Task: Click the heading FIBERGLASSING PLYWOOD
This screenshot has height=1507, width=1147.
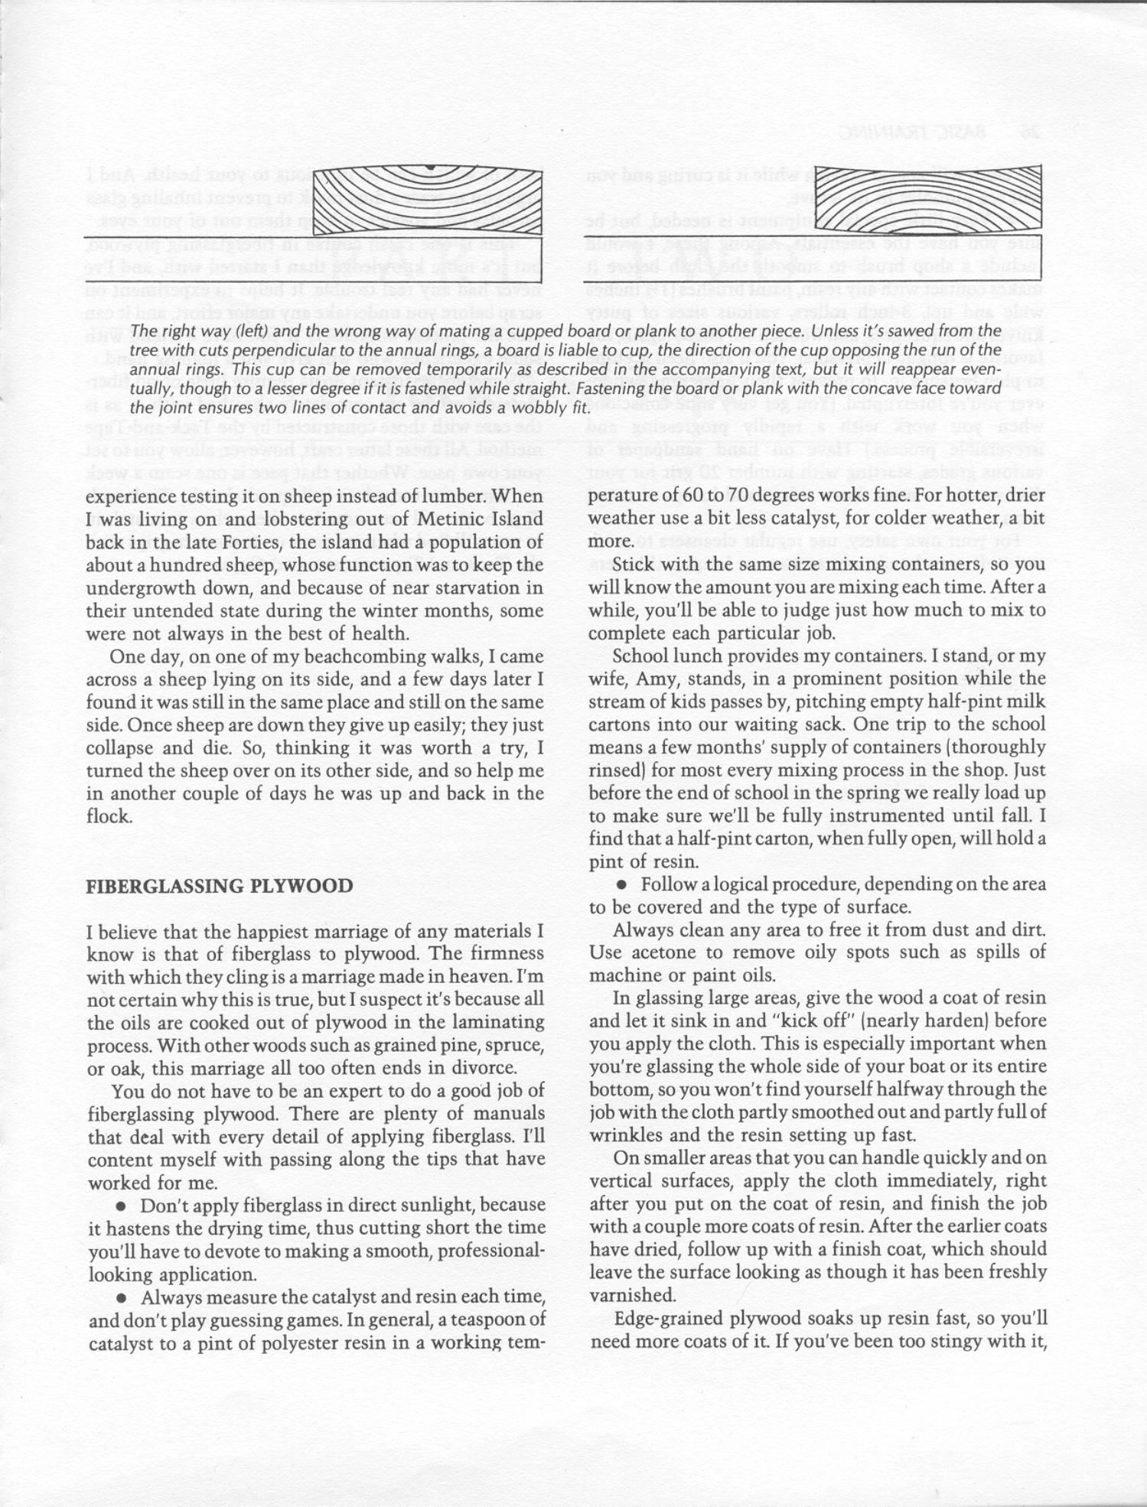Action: coord(219,887)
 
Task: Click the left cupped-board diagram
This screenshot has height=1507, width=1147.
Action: coord(428,197)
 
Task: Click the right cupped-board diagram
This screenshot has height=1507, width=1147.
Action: coord(927,197)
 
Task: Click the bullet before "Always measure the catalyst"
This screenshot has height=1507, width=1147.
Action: coord(121,1298)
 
